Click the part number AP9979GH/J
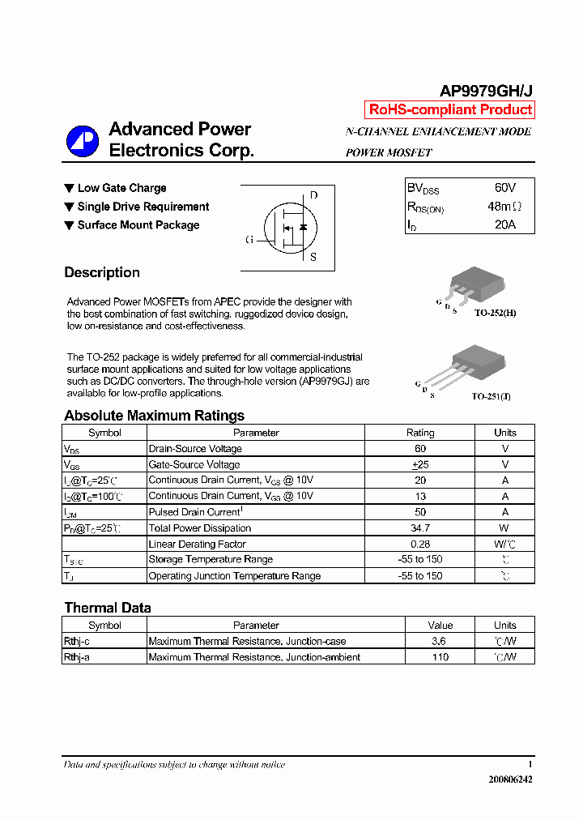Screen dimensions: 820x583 (485, 92)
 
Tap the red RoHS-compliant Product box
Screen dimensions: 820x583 (450, 110)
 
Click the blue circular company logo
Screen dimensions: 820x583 (82, 141)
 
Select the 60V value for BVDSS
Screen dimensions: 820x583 (504, 188)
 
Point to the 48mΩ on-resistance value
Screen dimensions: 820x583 (504, 207)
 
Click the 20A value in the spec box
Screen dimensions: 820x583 (504, 224)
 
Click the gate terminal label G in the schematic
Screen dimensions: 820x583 (249, 240)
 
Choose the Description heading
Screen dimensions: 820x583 (102, 273)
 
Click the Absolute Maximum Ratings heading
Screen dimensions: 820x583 (154, 416)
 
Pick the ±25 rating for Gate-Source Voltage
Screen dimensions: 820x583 (419, 464)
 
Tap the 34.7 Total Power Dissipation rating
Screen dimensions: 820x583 (419, 528)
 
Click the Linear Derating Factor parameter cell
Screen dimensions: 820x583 (197, 545)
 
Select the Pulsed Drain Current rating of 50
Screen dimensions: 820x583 (419, 512)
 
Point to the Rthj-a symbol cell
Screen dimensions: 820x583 (77, 657)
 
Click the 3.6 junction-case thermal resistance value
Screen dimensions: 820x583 (440, 641)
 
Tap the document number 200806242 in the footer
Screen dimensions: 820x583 (510, 779)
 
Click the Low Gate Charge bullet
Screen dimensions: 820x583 (121, 188)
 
